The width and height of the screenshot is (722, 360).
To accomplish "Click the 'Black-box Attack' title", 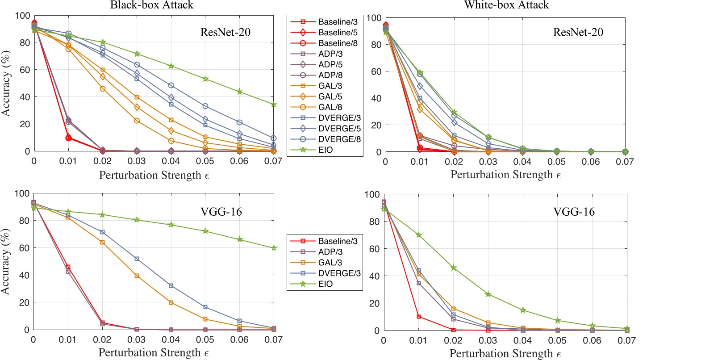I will click(152, 5).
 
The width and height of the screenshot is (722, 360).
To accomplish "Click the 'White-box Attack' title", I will click(506, 5).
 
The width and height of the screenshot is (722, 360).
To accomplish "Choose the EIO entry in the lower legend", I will click(325, 284).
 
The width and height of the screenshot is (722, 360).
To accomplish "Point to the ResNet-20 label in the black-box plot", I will click(225, 32).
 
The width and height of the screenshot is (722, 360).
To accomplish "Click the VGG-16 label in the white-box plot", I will click(574, 212).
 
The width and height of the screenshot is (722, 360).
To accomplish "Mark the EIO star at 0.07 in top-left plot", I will click(274, 105).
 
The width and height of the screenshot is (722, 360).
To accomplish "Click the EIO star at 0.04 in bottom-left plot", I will click(171, 225).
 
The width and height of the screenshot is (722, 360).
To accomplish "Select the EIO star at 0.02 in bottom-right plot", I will click(454, 268).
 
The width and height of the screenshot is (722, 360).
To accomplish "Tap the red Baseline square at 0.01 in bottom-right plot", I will click(419, 317).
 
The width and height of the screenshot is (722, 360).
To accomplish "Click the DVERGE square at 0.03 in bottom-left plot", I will click(137, 259).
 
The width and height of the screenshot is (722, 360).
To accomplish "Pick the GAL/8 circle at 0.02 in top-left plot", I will click(103, 89).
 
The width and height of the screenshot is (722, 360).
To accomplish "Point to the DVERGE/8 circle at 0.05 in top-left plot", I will click(205, 106).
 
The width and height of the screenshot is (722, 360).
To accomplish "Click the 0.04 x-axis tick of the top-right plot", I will click(522, 162).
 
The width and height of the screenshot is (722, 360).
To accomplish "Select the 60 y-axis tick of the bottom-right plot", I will click(375, 249).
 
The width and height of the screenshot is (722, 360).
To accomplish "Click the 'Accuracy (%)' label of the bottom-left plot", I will click(5, 261).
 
